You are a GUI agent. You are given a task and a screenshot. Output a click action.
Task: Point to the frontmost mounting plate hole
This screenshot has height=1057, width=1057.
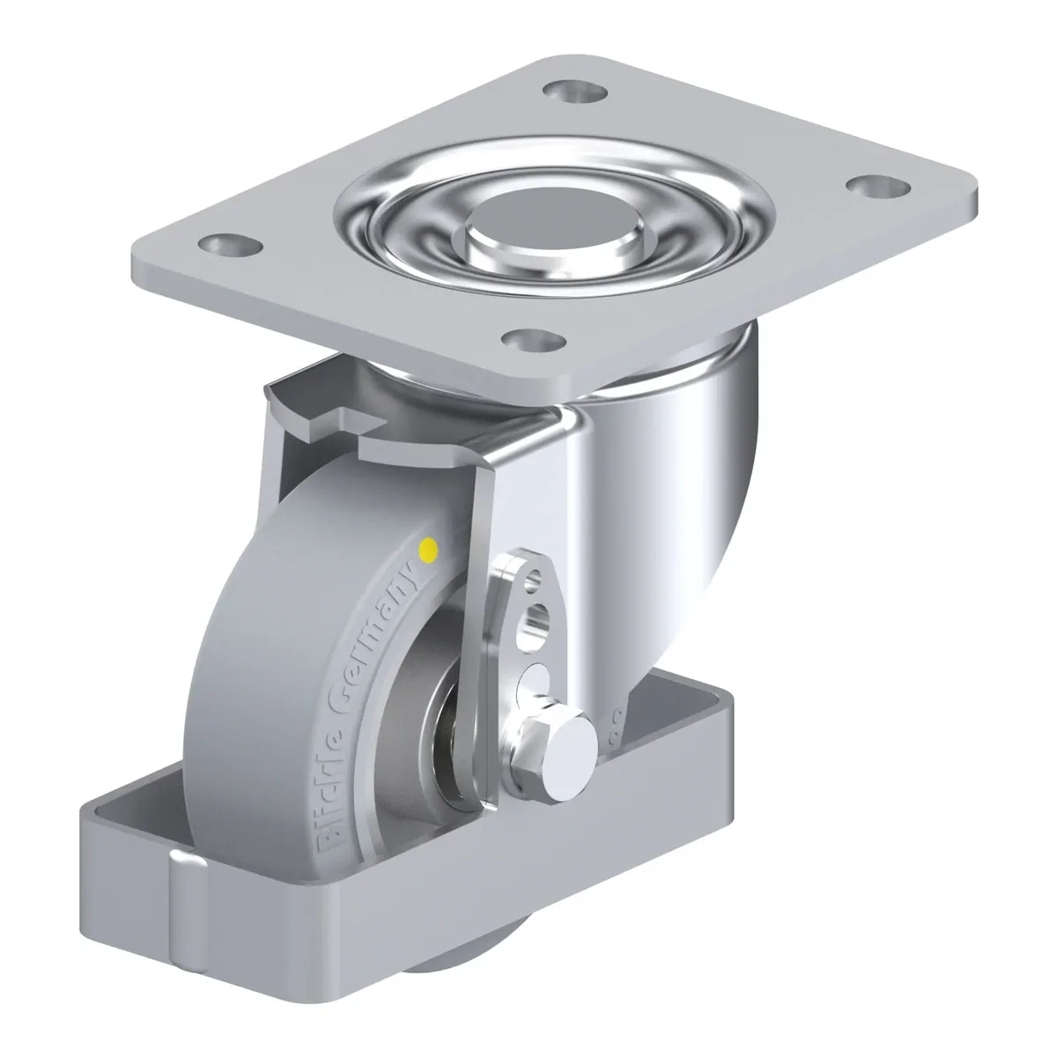[535, 338]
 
